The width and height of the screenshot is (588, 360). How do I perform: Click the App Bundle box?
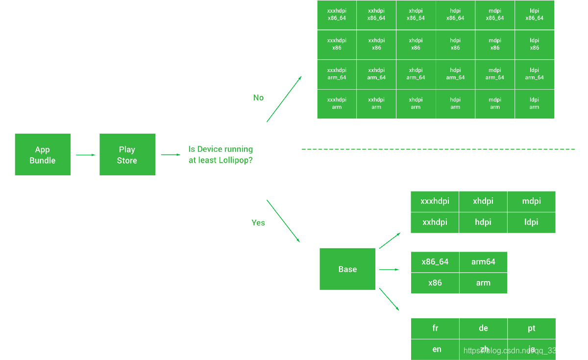pyautogui.click(x=43, y=154)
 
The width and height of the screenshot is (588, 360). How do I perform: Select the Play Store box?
pyautogui.click(x=127, y=154)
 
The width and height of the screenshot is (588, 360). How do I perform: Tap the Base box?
pyautogui.click(x=347, y=269)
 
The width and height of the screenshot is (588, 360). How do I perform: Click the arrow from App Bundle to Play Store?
pyautogui.click(x=85, y=155)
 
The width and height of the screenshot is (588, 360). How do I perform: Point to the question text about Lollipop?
pyautogui.click(x=220, y=154)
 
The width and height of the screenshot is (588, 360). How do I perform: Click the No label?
pyautogui.click(x=258, y=97)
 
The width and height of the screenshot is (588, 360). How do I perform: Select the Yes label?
pyautogui.click(x=258, y=223)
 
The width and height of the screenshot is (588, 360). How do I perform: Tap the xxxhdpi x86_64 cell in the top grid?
pyautogui.click(x=337, y=15)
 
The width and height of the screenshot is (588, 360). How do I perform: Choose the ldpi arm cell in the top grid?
pyautogui.click(x=534, y=104)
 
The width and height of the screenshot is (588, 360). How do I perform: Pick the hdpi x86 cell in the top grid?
pyautogui.click(x=455, y=45)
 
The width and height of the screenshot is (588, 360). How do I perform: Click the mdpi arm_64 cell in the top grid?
pyautogui.click(x=495, y=74)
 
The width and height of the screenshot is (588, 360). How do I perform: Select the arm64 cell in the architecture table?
pyautogui.click(x=483, y=262)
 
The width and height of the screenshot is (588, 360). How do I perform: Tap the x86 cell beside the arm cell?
pyautogui.click(x=435, y=283)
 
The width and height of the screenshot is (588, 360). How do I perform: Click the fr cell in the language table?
pyautogui.click(x=435, y=328)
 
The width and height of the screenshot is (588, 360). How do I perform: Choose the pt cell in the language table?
pyautogui.click(x=532, y=328)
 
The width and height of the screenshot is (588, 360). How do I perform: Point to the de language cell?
pyautogui.click(x=483, y=328)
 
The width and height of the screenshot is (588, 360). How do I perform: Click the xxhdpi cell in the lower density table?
pyautogui.click(x=435, y=222)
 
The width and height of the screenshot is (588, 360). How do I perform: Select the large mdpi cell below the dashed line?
pyautogui.click(x=531, y=201)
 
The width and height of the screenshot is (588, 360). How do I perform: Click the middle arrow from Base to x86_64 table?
pyautogui.click(x=390, y=269)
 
